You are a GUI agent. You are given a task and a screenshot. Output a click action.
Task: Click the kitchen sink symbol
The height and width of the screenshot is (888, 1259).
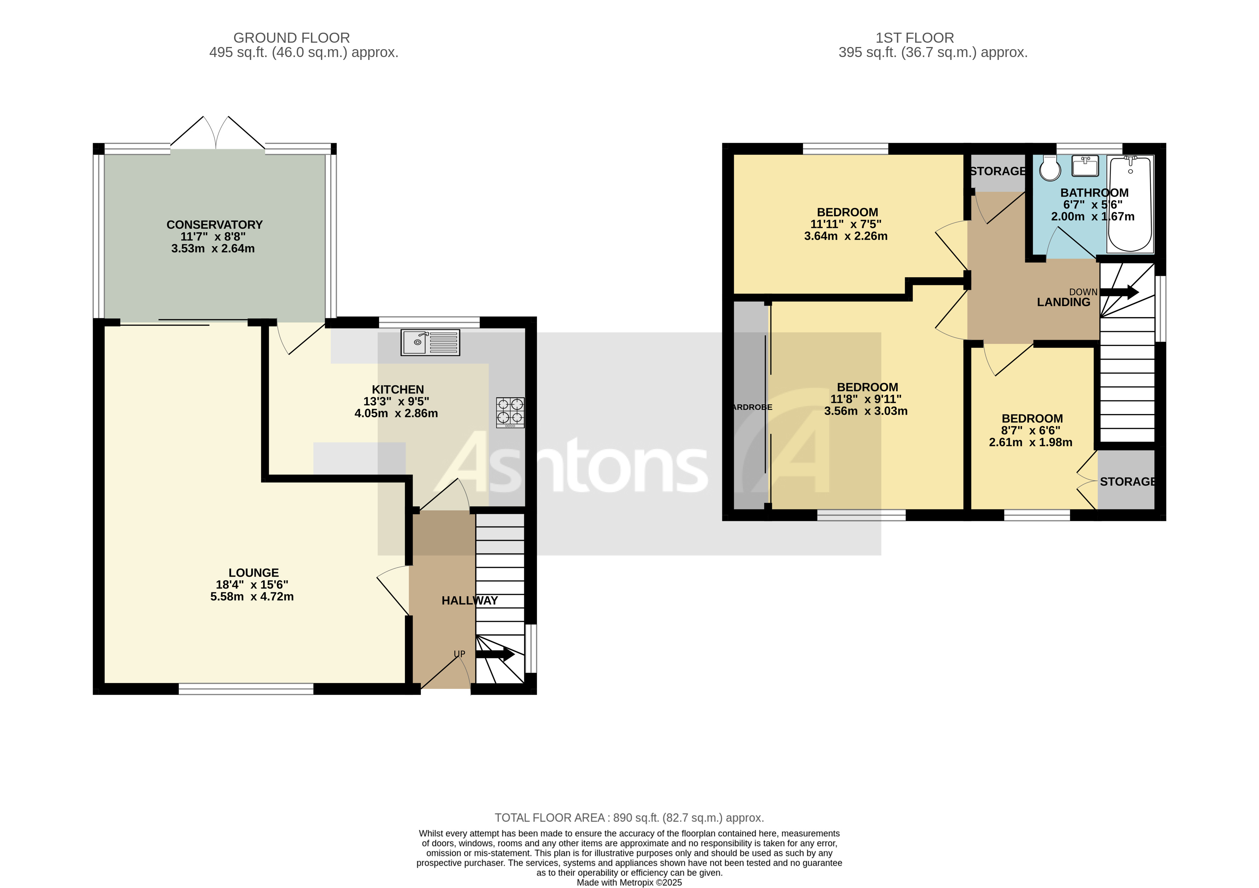click(430, 343)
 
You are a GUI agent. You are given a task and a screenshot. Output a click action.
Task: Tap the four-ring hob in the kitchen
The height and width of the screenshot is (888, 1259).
click(510, 412)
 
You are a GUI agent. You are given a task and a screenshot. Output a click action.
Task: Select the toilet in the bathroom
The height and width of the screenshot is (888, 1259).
click(1050, 168)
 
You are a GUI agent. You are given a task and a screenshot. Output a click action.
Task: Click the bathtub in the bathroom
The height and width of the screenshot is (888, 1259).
click(1130, 204)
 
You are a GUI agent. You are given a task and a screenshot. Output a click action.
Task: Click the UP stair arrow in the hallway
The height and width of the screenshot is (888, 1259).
click(495, 654)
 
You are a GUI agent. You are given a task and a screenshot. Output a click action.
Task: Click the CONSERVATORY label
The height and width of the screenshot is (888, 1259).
click(214, 225)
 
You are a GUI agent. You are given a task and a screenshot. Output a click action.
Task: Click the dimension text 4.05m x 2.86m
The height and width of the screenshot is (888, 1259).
click(396, 413)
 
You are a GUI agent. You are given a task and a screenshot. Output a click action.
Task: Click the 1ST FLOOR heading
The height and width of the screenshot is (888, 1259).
click(915, 38)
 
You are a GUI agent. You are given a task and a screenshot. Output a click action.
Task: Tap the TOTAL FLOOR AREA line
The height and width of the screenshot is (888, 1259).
click(629, 818)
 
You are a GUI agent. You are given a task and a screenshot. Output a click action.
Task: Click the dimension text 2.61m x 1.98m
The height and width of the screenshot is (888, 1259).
click(1030, 442)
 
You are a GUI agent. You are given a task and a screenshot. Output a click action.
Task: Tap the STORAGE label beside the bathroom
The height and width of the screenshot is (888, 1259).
click(997, 171)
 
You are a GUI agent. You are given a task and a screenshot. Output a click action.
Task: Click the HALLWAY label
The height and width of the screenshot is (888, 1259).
click(469, 601)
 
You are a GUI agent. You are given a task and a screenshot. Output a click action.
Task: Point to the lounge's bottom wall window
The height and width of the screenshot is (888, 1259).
click(246, 689)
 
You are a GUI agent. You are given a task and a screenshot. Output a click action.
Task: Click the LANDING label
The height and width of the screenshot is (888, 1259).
click(1063, 302)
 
